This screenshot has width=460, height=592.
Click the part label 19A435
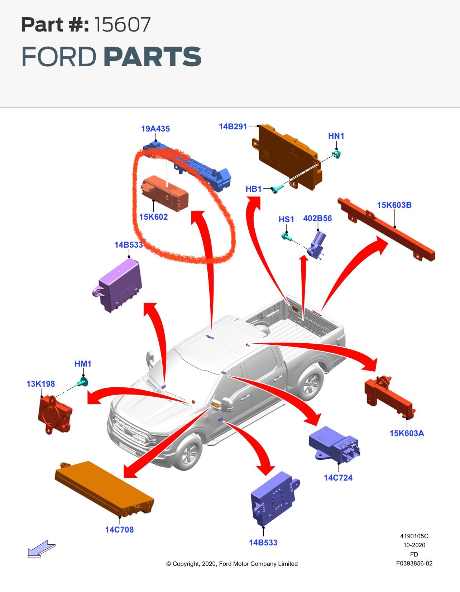click(155, 129)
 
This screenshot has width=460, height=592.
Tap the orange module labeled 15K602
click(164, 194)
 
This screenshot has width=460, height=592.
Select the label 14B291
click(233, 126)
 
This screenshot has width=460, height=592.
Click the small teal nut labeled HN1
click(336, 154)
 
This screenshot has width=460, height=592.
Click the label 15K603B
click(394, 205)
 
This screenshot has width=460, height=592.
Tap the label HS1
click(286, 219)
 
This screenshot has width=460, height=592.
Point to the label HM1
click(83, 364)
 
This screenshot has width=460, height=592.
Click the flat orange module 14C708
click(104, 488)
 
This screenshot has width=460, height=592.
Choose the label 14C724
click(338, 478)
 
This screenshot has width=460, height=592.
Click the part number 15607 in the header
click(123, 25)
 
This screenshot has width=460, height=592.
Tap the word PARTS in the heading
click(153, 57)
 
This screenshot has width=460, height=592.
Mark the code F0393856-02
click(414, 563)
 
